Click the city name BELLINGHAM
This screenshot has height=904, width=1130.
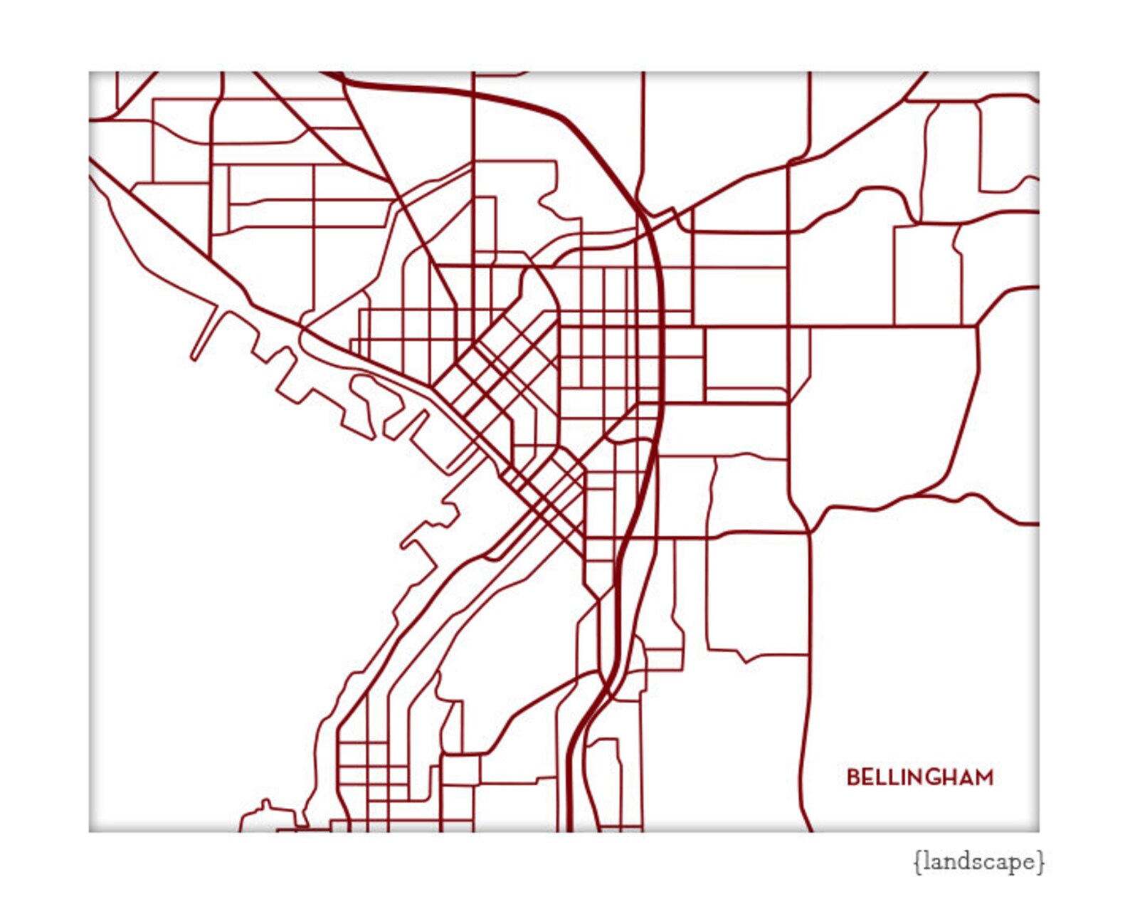[x=919, y=777]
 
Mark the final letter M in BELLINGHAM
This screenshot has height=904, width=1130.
[x=984, y=777]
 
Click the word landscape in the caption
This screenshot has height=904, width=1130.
[x=979, y=862]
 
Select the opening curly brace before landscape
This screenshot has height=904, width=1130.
[x=917, y=862]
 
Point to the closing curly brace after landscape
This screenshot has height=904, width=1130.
[x=1041, y=862]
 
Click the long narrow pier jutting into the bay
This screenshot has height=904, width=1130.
[x=206, y=332]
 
